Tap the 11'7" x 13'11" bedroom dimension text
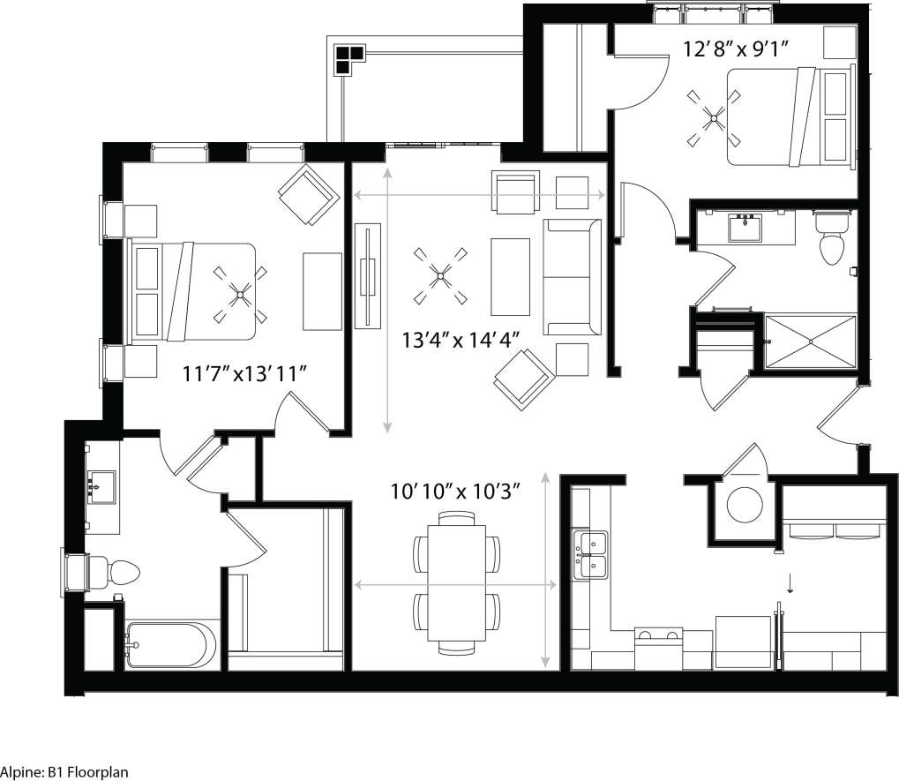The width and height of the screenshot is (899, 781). (x=244, y=374)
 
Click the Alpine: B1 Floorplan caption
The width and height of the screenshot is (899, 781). (x=64, y=772)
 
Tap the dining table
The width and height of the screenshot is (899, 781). (x=456, y=583)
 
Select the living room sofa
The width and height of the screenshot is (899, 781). (x=571, y=277)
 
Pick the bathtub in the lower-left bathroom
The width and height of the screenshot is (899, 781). (x=170, y=645)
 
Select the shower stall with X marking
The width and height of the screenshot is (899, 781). (x=809, y=340)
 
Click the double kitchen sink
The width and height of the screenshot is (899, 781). (x=589, y=554)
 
